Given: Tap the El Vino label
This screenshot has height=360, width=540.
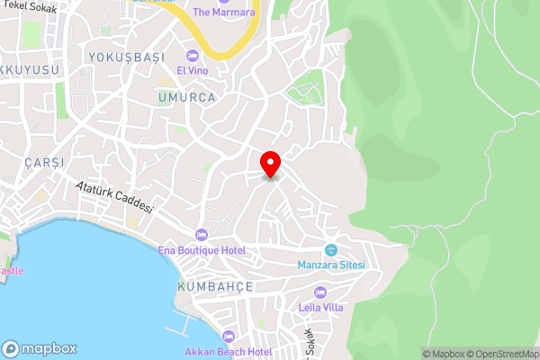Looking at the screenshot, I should click(193, 70).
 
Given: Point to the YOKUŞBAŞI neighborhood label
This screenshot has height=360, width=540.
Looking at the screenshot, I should click(126, 57).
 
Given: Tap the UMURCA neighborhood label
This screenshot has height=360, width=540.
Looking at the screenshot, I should click(186, 97).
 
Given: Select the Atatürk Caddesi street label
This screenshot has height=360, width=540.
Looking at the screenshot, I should click(113, 202).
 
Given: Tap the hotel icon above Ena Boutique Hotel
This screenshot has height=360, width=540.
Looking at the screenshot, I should click(212, 234).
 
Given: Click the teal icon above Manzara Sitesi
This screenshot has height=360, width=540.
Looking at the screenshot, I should click(330, 249).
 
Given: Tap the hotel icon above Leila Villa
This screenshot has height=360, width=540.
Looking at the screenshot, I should click(319, 292).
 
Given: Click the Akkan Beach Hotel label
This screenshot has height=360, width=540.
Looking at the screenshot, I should click(228, 351).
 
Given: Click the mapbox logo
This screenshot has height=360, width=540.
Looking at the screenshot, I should click(40, 348).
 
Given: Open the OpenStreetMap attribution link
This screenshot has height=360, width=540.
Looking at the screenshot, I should click(499, 354).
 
